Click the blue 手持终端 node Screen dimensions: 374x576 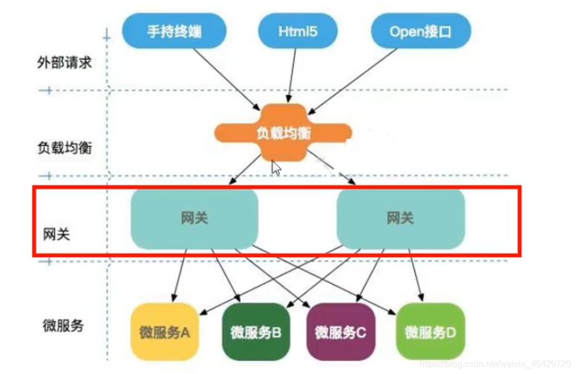pos(174,31)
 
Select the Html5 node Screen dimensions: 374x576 pos(297,31)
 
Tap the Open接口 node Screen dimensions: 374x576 pos(421,31)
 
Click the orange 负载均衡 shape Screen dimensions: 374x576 pos(283,133)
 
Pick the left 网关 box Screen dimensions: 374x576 pos(194,218)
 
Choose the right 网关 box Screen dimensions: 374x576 pos(401,218)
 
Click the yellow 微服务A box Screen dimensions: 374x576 pos(165,333)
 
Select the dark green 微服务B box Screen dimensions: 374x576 pos(256,333)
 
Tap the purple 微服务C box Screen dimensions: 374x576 pos(340,333)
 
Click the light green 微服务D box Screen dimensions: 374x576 pos(430,333)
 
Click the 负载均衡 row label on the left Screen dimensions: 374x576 pos(65,148)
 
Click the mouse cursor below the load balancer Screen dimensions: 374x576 pos(276,168)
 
